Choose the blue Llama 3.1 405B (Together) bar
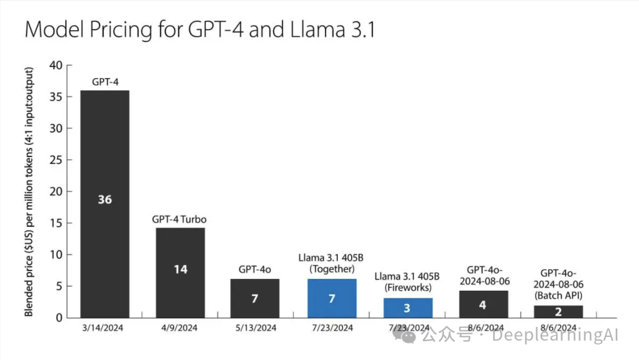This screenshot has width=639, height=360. click(331, 308)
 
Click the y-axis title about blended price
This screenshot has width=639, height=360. click(29, 192)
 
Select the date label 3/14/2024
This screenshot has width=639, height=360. click(105, 327)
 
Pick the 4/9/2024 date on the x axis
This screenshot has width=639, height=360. click(180, 327)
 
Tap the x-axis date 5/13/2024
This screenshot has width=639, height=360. click(254, 327)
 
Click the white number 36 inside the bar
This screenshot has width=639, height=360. click(105, 200)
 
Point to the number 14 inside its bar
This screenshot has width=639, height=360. click(180, 269)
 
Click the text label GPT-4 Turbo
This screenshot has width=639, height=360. click(180, 220)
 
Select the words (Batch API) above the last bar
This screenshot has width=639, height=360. click(559, 295)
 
